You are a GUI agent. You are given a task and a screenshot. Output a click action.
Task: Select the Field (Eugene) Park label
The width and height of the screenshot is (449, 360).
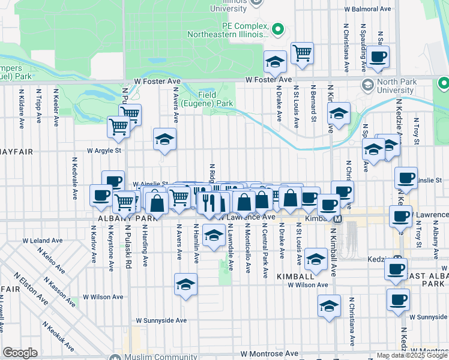(215, 99)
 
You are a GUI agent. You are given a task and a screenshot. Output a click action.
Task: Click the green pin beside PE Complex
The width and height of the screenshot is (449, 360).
(277, 29)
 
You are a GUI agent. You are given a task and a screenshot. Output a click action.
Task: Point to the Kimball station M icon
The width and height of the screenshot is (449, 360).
(337, 220)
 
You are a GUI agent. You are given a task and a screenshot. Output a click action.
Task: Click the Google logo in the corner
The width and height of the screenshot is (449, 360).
(20, 353)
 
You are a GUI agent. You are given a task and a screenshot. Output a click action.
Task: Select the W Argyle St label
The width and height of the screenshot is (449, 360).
(104, 151)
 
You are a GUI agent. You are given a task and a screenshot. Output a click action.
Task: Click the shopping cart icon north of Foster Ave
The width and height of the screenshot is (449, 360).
(302, 52)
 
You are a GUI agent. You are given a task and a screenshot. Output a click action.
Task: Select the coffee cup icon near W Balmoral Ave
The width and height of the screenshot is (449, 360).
(378, 56)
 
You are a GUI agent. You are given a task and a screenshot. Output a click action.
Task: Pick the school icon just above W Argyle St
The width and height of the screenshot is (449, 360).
(164, 139)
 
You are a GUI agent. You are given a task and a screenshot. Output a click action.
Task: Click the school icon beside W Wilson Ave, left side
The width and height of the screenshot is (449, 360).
(186, 284)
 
